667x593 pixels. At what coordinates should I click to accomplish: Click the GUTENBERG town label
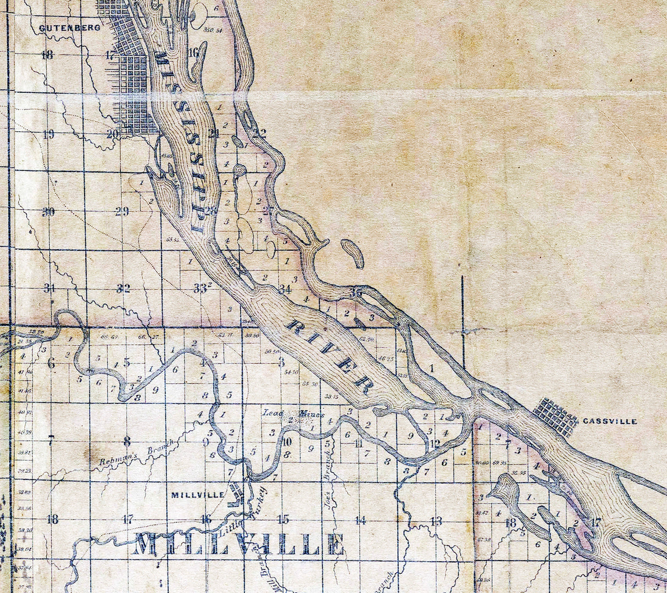(x=69, y=27)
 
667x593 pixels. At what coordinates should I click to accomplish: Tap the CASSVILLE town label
(x=610, y=421)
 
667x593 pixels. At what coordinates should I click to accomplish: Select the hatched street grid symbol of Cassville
(x=555, y=416)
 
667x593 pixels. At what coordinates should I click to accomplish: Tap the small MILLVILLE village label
(x=197, y=495)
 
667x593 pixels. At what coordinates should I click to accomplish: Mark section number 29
(x=122, y=211)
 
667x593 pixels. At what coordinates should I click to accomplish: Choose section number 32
(x=124, y=288)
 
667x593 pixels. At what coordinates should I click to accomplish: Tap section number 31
(x=49, y=288)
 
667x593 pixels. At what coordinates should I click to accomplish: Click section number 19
(x=48, y=133)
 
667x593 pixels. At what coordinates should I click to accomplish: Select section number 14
(x=360, y=521)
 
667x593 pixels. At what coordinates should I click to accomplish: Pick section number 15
(x=283, y=519)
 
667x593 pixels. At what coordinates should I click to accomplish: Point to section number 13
(x=436, y=521)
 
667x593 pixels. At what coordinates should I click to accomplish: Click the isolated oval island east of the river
(x=352, y=254)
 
